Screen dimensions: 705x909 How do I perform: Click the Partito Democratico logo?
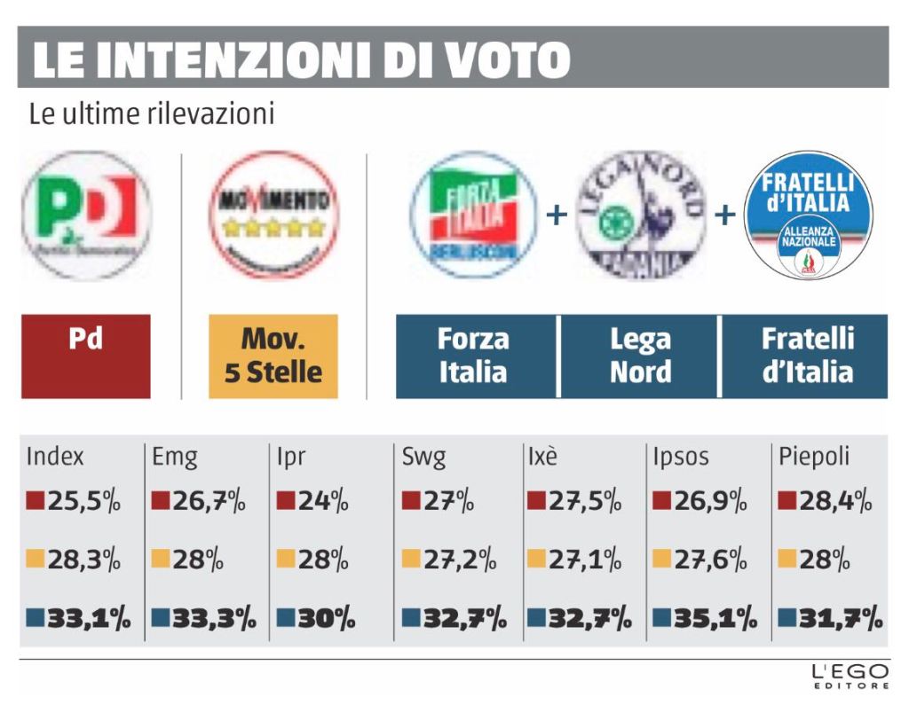86,215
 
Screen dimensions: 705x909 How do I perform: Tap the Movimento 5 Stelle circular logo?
273,215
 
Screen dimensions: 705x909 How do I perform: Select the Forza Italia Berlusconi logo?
474,215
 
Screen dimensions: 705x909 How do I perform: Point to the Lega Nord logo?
640,215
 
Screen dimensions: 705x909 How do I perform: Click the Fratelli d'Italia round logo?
808,215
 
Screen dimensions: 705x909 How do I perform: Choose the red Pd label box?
86,356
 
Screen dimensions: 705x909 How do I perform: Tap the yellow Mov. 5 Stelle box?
273,356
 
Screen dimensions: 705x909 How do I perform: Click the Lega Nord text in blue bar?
640,356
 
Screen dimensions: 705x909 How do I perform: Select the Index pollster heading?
55,458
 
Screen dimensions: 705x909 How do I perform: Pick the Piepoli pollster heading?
814,458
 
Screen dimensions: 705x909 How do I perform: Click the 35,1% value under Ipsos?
708,617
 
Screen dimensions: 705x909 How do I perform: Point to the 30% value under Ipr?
316,617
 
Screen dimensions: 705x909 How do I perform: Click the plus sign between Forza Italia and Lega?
557,215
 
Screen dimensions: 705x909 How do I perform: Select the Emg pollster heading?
175,458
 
